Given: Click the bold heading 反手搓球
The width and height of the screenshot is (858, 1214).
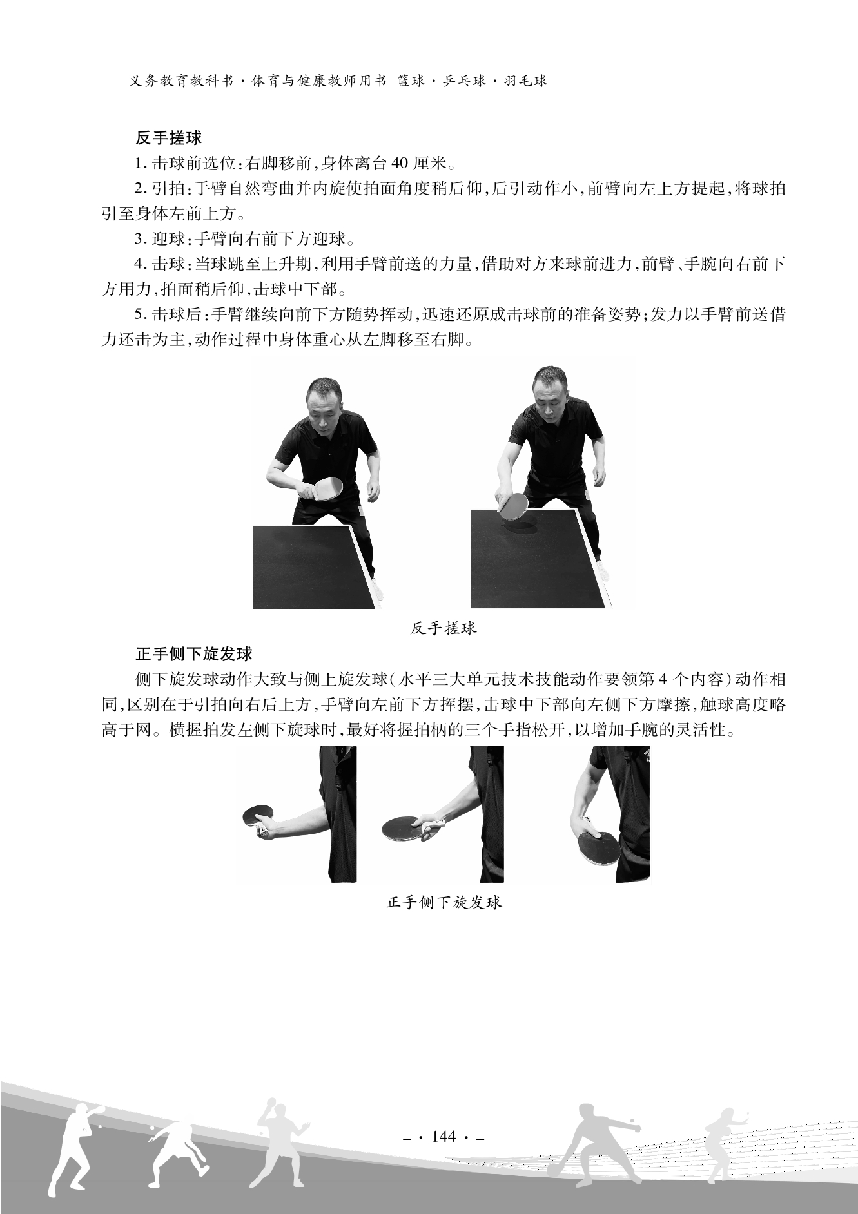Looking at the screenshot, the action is (169, 138).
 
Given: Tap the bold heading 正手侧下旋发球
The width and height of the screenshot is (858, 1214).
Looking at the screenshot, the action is (193, 654).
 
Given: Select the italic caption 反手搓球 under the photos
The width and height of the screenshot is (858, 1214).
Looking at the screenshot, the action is (444, 628).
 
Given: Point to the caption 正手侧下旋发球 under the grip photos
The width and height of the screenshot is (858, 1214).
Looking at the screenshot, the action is (444, 902).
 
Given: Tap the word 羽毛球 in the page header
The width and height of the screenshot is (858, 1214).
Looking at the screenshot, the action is (526, 81).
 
